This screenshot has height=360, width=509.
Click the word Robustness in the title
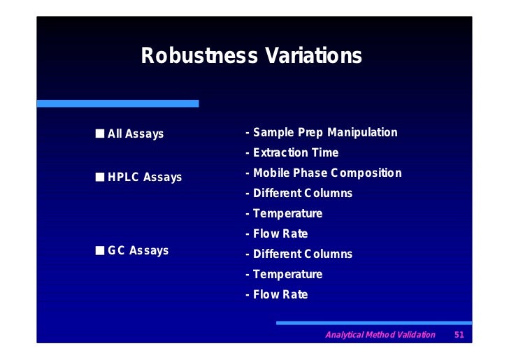click(199, 56)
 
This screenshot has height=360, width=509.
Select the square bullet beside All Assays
click(101, 133)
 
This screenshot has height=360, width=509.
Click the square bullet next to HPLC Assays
click(101, 177)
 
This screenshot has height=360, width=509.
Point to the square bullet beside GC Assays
click(101, 250)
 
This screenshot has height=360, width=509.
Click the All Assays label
click(136, 134)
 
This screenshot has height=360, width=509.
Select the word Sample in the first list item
click(273, 132)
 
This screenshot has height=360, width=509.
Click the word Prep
click(311, 132)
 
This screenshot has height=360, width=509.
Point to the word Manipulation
click(363, 132)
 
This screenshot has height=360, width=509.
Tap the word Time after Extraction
click(327, 152)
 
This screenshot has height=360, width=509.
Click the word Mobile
click(271, 173)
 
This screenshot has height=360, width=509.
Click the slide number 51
click(459, 335)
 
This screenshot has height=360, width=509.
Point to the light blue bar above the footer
click(374, 322)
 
